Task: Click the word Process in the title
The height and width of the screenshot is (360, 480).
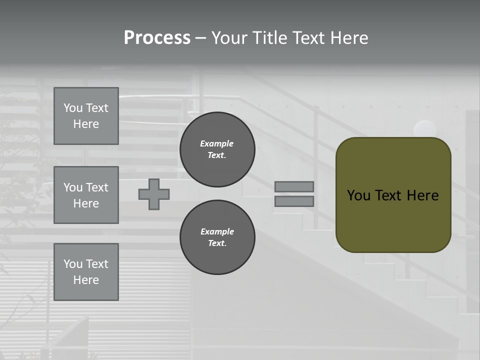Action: [157, 38]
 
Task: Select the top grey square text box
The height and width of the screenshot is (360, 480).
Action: [86, 116]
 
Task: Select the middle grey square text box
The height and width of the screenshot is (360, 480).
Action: [86, 195]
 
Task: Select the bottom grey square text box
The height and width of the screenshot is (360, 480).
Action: [86, 272]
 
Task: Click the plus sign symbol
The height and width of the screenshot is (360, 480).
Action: [154, 194]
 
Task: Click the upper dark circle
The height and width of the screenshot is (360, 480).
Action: [217, 149]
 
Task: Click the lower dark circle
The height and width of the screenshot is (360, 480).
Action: [217, 237]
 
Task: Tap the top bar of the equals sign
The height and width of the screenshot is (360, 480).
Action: [294, 186]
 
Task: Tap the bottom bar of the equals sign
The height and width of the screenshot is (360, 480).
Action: [294, 201]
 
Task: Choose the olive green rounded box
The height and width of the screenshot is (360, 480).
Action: [393, 195]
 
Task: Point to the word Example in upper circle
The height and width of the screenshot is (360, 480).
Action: [217, 144]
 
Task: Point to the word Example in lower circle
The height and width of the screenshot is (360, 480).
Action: [217, 232]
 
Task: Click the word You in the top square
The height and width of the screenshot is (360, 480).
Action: [72, 108]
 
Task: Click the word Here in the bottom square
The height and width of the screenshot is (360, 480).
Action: [86, 280]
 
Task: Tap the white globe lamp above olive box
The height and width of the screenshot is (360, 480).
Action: [425, 129]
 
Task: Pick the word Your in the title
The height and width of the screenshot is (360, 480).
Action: [229, 38]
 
